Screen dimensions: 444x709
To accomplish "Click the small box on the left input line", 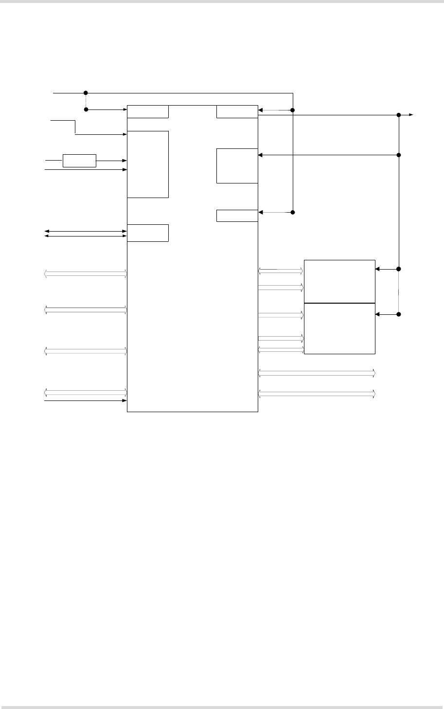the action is (x=79, y=161).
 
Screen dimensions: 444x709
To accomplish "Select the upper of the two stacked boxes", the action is (x=339, y=281).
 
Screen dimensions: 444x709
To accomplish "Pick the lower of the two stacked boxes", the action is (x=339, y=328).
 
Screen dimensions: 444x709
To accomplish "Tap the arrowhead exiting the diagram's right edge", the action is (x=411, y=115).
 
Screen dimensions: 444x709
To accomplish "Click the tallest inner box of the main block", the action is (x=148, y=164).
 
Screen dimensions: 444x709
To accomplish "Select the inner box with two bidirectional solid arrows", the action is (x=148, y=233).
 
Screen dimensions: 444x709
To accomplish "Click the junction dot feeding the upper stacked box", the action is (x=399, y=269).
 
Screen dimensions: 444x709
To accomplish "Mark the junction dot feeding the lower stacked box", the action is (x=399, y=314).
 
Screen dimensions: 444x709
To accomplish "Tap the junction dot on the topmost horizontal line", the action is (x=86, y=92).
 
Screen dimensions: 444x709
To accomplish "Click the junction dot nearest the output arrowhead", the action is (x=399, y=115).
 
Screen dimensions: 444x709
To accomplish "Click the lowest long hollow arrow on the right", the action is (x=317, y=393).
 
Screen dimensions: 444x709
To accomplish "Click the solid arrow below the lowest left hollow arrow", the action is (x=86, y=400).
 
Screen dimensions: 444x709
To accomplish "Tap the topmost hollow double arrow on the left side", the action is (x=86, y=274).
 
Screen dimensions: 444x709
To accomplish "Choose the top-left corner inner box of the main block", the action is (x=148, y=111).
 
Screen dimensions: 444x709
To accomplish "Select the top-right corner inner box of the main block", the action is (x=237, y=111).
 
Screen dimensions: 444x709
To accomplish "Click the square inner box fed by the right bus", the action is (x=237, y=166).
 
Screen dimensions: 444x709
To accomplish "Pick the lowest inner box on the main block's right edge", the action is (x=237, y=216).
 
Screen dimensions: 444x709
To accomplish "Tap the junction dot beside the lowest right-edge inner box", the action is (x=293, y=212).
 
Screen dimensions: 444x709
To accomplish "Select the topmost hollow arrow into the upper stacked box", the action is (x=281, y=270).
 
